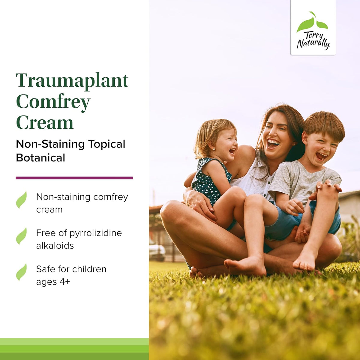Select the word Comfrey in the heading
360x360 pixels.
[x=53, y=102]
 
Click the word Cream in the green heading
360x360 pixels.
[x=45, y=123]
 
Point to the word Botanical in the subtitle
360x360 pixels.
[x=40, y=158]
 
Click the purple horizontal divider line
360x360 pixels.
[x=74, y=178]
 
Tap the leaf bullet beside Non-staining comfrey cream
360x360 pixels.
[x=21, y=200]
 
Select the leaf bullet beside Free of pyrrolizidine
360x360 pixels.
[x=21, y=236]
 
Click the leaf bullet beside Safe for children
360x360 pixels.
[x=21, y=272]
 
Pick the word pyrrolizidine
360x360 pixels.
[x=95, y=233]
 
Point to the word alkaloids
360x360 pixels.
[x=55, y=246]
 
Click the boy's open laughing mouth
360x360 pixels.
[x=322, y=156]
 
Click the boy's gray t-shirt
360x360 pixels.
[x=303, y=180]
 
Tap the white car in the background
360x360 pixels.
[x=157, y=251]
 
